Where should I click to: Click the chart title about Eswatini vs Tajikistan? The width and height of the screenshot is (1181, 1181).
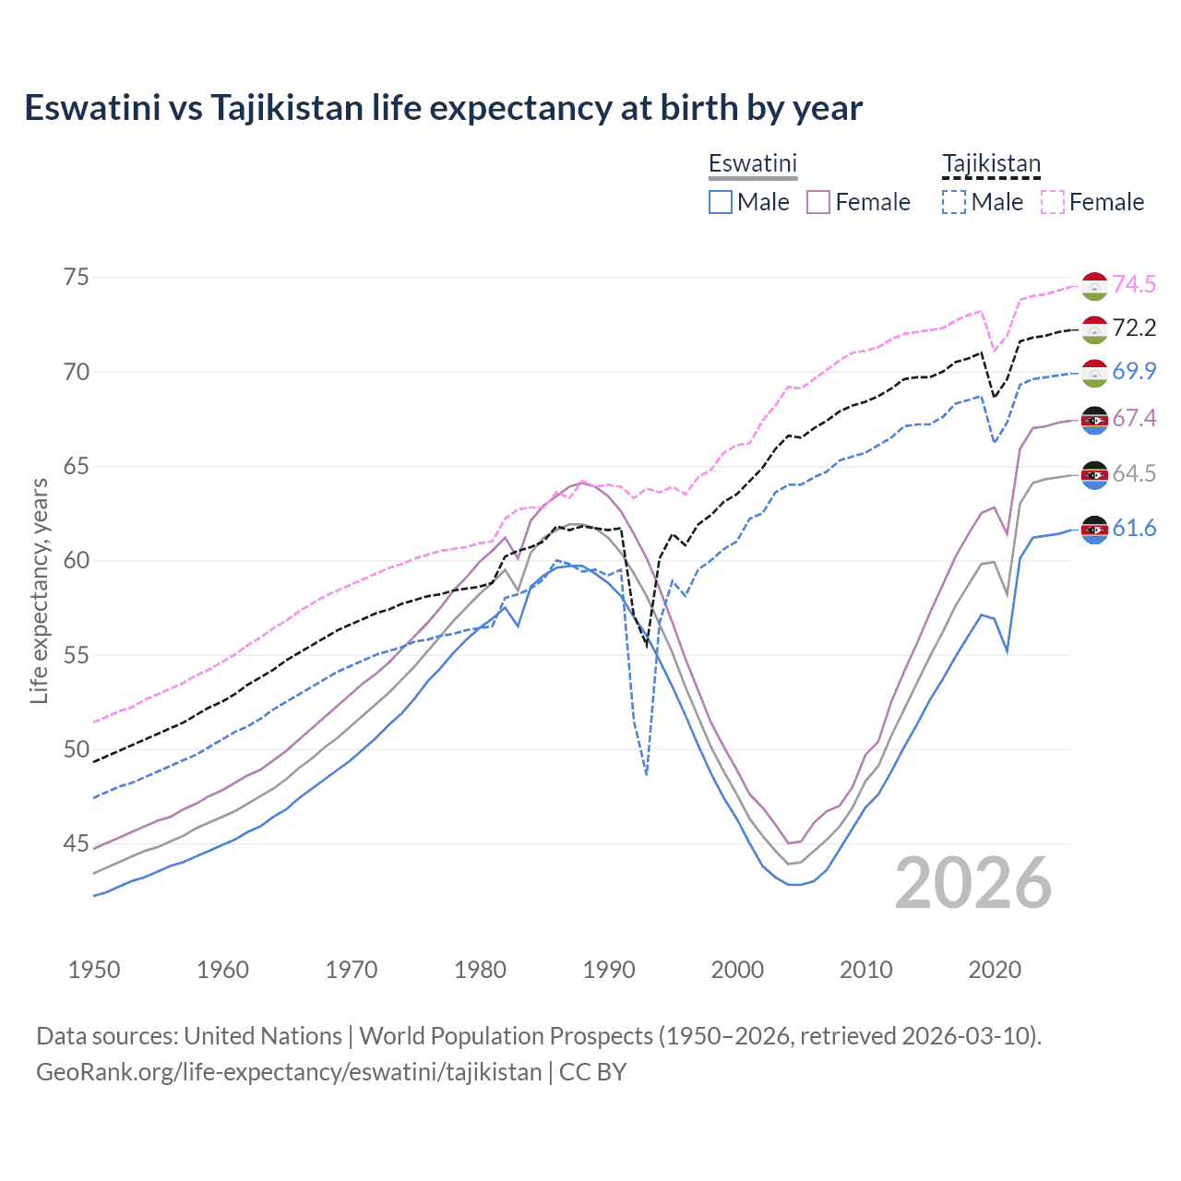(443, 108)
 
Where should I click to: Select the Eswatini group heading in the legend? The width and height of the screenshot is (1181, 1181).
(752, 163)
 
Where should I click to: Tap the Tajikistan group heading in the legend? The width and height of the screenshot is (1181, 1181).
(991, 163)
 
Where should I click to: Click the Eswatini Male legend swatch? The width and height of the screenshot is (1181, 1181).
(721, 202)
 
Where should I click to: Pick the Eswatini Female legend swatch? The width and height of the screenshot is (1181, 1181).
(818, 202)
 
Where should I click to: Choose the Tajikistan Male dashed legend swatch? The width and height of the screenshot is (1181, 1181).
(954, 202)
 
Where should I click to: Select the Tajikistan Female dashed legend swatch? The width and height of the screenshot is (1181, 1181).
(1052, 202)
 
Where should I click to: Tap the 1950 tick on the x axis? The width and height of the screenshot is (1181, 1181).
(94, 970)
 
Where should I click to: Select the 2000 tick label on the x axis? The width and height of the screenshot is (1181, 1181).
(737, 970)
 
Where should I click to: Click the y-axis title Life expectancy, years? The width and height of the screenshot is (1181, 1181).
(39, 590)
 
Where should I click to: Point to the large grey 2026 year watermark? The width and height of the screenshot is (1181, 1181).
(973, 883)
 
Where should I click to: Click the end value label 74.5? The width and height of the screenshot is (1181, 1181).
(1134, 284)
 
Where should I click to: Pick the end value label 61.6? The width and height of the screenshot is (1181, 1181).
(1134, 528)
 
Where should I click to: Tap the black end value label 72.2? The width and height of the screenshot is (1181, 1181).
(1134, 328)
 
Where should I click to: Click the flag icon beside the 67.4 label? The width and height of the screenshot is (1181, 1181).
(1094, 420)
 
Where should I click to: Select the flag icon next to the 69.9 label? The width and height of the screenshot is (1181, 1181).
(1094, 372)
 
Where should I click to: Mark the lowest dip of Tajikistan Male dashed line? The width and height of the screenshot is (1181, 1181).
(647, 774)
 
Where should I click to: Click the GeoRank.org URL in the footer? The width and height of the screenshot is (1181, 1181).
(289, 1072)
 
